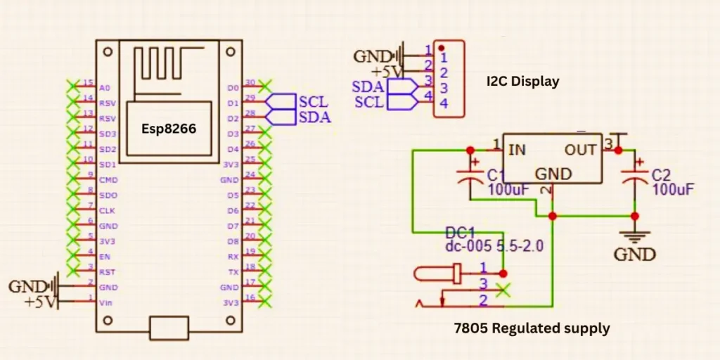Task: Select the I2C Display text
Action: coord(522,82)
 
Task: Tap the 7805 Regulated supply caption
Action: coord(532,328)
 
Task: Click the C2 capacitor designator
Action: coord(662,175)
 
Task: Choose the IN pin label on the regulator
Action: coord(517,150)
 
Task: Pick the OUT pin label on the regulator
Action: coord(580,150)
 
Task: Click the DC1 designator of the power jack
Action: coord(461,233)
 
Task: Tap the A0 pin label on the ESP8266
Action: coord(105,88)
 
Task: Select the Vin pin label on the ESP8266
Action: coord(105,303)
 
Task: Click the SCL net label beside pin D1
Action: coord(313,103)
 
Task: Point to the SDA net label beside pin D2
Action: coord(314,117)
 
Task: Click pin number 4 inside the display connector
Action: coord(444,103)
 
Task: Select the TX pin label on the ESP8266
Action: coord(233,272)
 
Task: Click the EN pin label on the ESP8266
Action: coord(104,257)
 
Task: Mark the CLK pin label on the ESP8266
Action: coord(106,210)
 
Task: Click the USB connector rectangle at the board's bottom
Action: coord(169,328)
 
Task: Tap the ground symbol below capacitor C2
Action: coord(634,237)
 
